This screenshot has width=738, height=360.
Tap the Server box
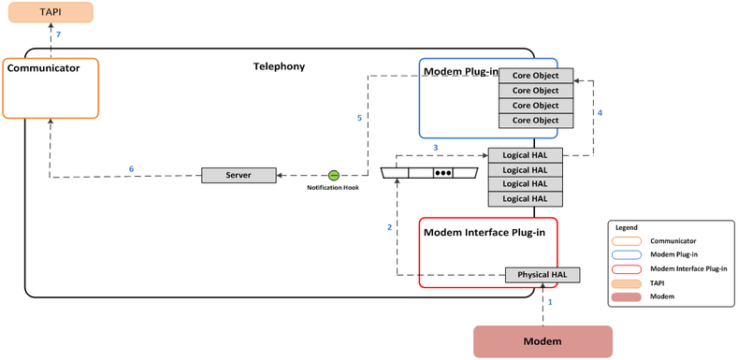tap(239, 175)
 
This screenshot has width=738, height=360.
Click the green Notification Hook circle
tap(333, 175)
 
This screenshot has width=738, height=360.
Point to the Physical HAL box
tap(542, 275)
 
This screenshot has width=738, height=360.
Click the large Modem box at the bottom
tap(543, 341)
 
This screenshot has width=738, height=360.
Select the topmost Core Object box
tap(535, 76)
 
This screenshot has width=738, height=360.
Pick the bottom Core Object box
tap(535, 121)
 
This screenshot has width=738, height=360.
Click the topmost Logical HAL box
tap(525, 154)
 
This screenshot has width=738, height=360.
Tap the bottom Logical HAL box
tap(525, 198)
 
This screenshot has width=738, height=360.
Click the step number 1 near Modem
tap(551, 302)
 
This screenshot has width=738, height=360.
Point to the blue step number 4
tap(600, 113)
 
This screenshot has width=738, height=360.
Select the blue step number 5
tap(359, 119)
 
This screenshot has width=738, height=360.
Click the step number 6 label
tap(131, 168)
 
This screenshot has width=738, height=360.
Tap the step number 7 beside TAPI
tap(58, 35)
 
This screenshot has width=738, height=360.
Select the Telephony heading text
tap(279, 66)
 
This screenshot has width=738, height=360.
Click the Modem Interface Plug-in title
tap(484, 232)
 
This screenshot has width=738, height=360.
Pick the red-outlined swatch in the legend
tap(633, 268)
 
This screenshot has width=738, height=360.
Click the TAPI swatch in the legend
tap(633, 282)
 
